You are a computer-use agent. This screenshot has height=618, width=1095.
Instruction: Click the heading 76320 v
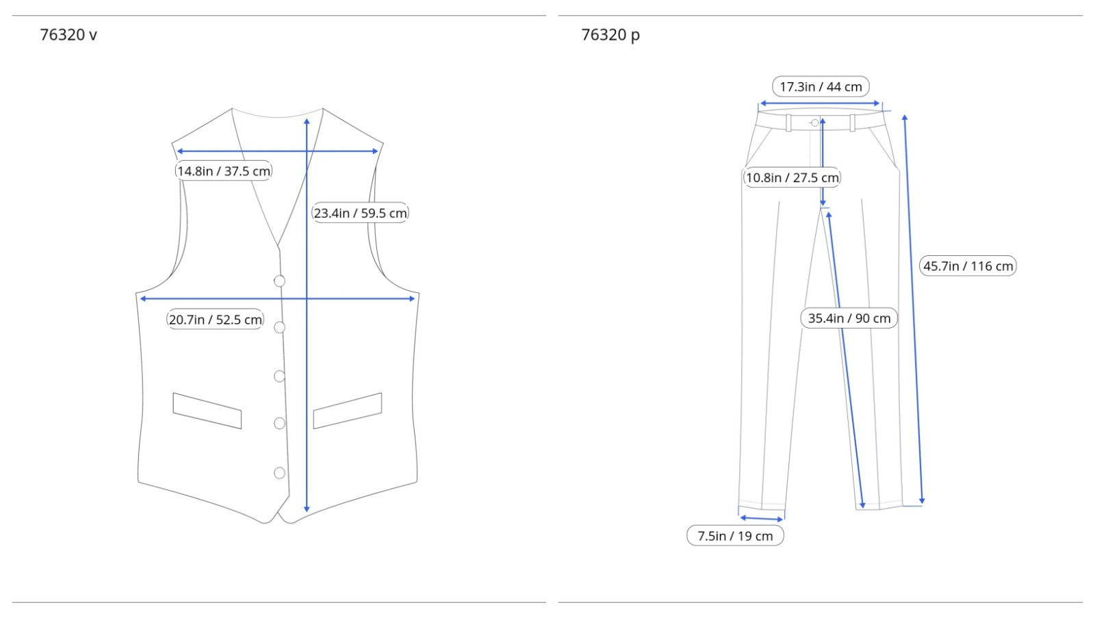point(68,35)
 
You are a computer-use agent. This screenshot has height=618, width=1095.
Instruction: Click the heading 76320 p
point(610,35)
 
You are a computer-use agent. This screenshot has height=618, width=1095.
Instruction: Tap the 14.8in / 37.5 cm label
point(224,170)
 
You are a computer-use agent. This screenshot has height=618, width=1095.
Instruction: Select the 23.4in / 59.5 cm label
point(360,213)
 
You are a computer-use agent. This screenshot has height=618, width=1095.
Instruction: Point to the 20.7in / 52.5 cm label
point(215,320)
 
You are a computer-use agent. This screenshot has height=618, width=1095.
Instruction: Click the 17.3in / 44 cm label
point(821,86)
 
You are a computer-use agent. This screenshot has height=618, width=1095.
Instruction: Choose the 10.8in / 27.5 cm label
point(792,177)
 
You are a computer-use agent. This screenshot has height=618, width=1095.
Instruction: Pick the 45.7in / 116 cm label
point(968,266)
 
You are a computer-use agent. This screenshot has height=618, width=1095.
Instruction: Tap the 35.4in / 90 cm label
point(849,318)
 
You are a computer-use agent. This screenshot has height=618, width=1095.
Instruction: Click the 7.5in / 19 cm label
point(735,536)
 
